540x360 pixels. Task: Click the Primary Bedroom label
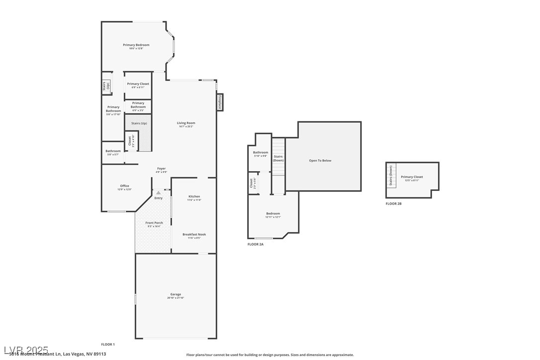point(136,45)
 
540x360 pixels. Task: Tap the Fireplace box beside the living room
point(220,102)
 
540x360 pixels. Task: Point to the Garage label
point(176,294)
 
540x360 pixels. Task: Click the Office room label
point(124,186)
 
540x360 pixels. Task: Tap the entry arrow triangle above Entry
point(159,192)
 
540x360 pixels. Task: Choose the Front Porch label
point(155,223)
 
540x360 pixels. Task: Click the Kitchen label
point(194,196)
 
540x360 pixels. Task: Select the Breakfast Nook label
point(194,234)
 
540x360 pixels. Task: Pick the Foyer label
point(161,169)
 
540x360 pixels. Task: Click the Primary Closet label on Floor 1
point(138,84)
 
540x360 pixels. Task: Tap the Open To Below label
point(320,161)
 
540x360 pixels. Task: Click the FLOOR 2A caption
point(256,244)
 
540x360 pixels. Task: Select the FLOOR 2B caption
point(393,203)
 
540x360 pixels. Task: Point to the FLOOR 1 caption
point(108,344)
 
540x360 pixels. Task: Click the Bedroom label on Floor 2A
point(273,213)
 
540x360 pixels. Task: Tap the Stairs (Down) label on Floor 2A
point(278,158)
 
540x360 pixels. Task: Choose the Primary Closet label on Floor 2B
point(412,177)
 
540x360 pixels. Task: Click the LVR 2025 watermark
point(26,350)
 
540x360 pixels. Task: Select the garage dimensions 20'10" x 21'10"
point(176,298)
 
